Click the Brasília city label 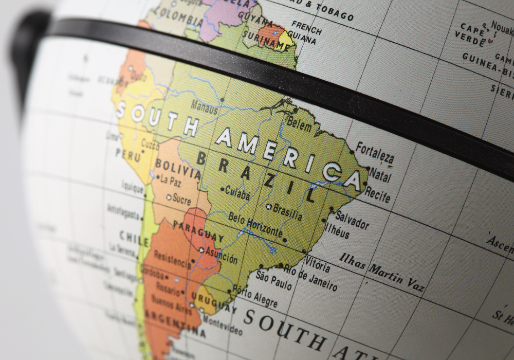(287, 211)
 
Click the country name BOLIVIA (177, 168)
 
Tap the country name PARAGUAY (198, 230)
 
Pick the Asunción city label (222, 256)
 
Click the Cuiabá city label (237, 192)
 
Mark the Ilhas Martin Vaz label (381, 272)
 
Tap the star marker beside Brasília (268, 207)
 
